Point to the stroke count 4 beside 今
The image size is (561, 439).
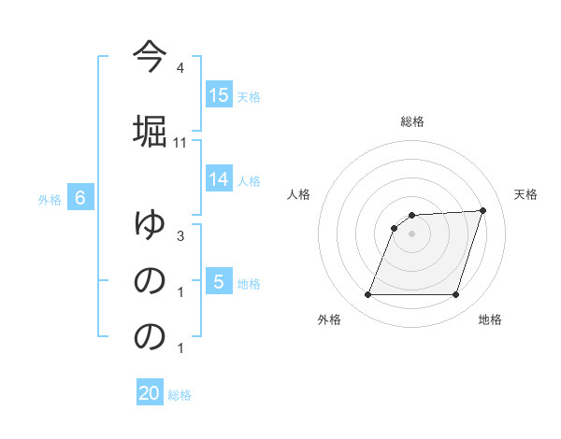[x=180, y=69]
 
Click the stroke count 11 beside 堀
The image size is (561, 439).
[x=181, y=142]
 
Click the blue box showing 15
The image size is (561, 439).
[x=219, y=95]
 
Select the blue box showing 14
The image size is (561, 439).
[x=219, y=180]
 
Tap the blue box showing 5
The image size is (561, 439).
[x=219, y=282]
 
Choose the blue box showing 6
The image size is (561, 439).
[x=80, y=198]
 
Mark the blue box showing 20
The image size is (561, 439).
[x=150, y=393]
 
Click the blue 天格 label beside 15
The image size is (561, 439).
[x=248, y=96]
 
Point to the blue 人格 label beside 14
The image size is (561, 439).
[x=248, y=181]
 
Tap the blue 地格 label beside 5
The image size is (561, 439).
[x=248, y=283]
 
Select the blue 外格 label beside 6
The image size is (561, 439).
[x=50, y=199]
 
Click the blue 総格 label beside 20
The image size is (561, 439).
[x=180, y=394]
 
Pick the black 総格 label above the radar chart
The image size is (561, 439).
[x=412, y=121]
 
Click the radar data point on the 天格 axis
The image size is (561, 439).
[x=483, y=211]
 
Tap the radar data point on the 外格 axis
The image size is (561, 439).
[x=367, y=295]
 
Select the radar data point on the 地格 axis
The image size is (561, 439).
[x=456, y=295]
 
